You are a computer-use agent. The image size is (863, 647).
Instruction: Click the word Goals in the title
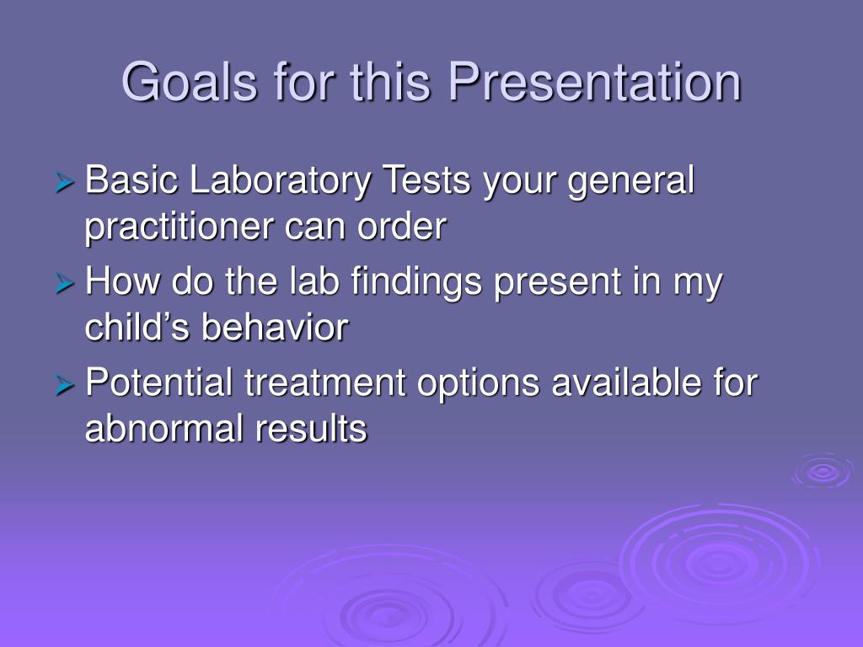tap(190, 82)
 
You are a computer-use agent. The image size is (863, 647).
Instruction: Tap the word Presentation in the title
tap(595, 82)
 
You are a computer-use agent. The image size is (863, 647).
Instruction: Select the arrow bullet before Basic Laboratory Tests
tap(64, 182)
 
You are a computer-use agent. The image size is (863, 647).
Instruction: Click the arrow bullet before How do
tap(64, 283)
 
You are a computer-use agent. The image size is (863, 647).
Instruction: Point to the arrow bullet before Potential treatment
tap(64, 384)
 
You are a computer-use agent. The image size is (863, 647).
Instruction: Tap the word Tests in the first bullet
tap(426, 180)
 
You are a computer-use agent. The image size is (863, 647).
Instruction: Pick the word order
tap(402, 226)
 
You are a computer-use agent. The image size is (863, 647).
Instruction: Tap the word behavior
tap(276, 327)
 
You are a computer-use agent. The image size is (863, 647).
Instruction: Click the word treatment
tap(324, 383)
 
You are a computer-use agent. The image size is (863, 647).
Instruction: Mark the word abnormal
tap(164, 428)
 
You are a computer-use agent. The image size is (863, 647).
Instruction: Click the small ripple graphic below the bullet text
tap(823, 471)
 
